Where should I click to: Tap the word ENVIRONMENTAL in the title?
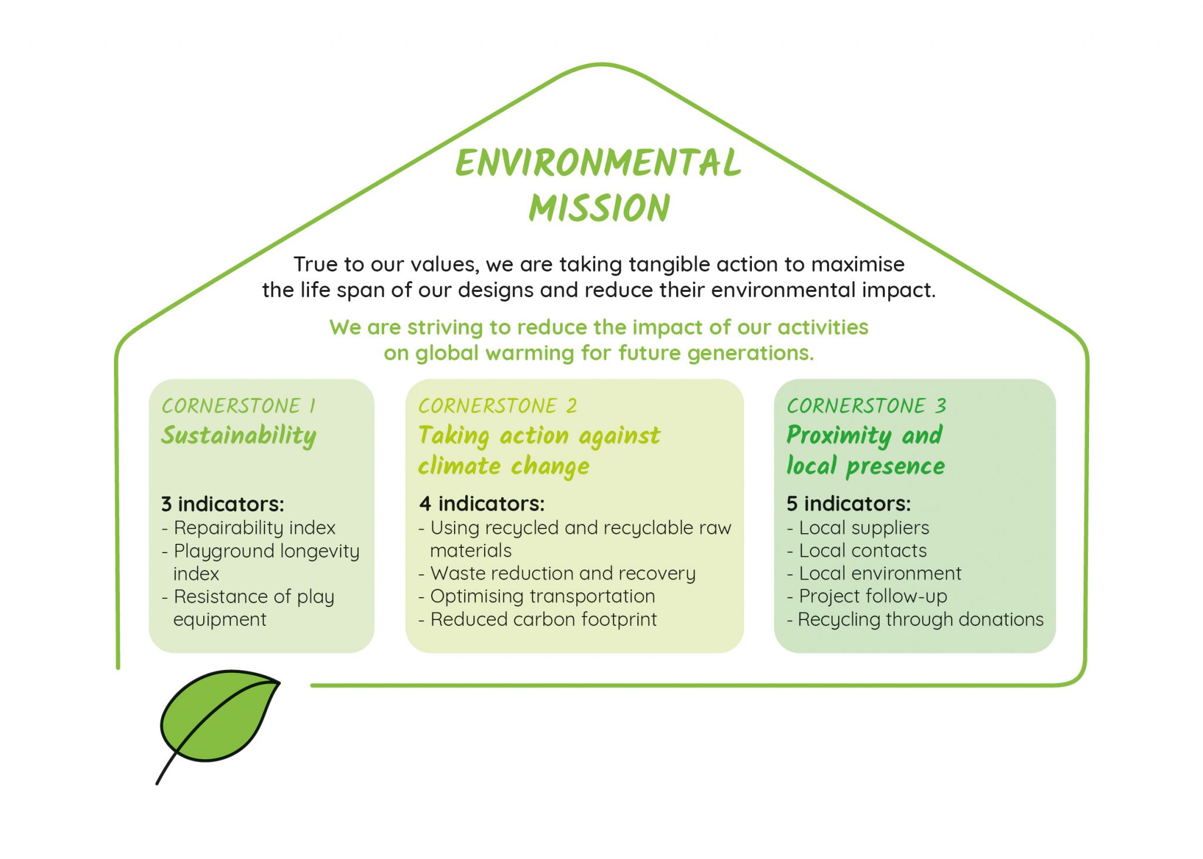(599, 163)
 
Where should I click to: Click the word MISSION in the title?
(599, 208)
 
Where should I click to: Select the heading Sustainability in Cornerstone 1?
(238, 436)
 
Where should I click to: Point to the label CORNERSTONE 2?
(498, 406)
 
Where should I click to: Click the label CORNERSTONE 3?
(866, 406)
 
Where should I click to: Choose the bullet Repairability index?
(248, 528)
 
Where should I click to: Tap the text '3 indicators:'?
(223, 504)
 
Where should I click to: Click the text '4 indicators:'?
(482, 503)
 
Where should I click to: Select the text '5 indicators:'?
(849, 503)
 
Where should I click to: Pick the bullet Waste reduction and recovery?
(557, 573)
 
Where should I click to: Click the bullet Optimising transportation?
(537, 596)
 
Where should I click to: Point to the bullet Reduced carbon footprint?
(537, 619)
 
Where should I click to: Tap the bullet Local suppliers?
(858, 528)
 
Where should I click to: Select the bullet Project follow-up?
(867, 596)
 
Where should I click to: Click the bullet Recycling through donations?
(915, 619)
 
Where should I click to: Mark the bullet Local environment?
(874, 573)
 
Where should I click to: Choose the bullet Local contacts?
(857, 550)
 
